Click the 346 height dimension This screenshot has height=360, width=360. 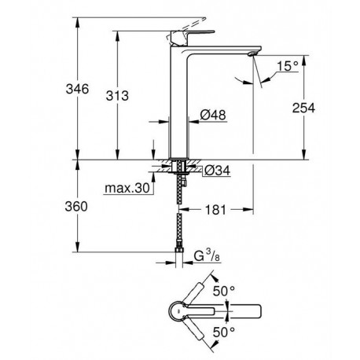pyautogui.click(x=77, y=89)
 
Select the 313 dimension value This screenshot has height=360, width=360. pyautogui.click(x=117, y=96)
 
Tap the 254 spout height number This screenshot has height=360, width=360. pyautogui.click(x=303, y=108)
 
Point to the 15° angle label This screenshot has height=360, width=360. pyautogui.click(x=288, y=66)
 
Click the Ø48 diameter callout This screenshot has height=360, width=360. pyautogui.click(x=213, y=115)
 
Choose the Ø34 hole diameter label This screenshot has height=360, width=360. pyautogui.click(x=217, y=171)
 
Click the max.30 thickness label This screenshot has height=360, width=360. pyautogui.click(x=127, y=188)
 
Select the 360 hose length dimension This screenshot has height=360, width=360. pyautogui.click(x=76, y=207)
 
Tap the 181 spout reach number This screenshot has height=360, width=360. pyautogui.click(x=215, y=210)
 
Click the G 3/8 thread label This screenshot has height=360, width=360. pyautogui.click(x=207, y=255)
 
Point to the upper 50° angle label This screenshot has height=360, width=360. pyautogui.click(x=224, y=291)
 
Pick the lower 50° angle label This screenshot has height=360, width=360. pyautogui.click(x=224, y=332)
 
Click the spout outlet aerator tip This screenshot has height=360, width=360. pyautogui.click(x=252, y=53)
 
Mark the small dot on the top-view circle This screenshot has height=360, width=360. pyautogui.click(x=178, y=311)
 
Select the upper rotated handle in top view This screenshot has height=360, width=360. pyautogui.click(x=195, y=293)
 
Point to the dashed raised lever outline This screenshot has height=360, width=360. pyautogui.click(x=186, y=28)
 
